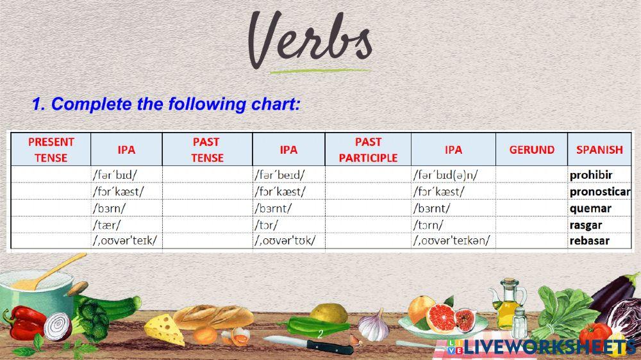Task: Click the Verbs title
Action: click(310, 40)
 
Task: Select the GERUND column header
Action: click(531, 149)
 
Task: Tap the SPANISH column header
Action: click(599, 149)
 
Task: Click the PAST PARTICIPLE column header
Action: click(368, 149)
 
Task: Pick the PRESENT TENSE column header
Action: click(51, 149)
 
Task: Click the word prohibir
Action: click(591, 176)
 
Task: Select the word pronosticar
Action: click(600, 192)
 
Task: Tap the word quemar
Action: click(590, 208)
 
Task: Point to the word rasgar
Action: click(585, 225)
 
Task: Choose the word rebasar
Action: click(590, 241)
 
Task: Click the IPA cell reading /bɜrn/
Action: click(109, 208)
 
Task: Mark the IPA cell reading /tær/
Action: click(106, 225)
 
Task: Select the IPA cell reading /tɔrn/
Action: click(428, 225)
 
